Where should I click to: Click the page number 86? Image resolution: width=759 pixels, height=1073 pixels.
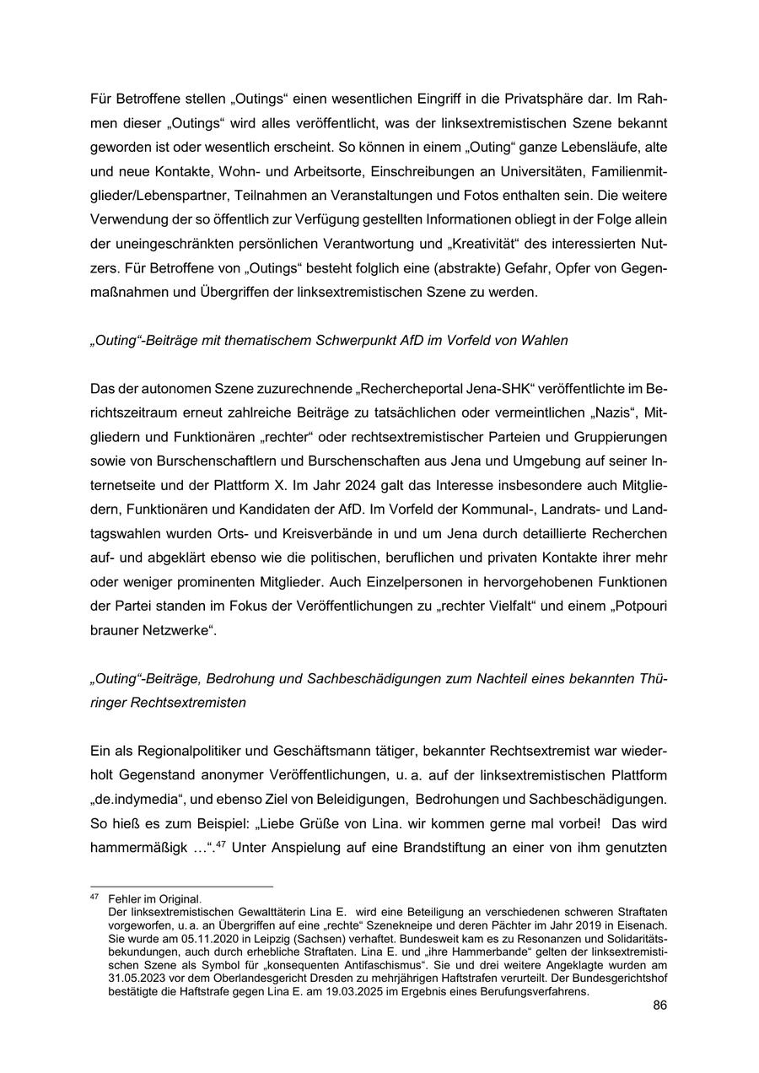click(x=660, y=1006)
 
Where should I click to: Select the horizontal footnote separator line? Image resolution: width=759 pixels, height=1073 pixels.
click(x=181, y=887)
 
